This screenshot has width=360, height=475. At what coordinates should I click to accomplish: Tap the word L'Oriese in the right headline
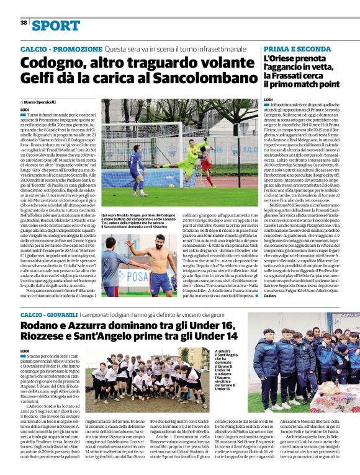point(282,58)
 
